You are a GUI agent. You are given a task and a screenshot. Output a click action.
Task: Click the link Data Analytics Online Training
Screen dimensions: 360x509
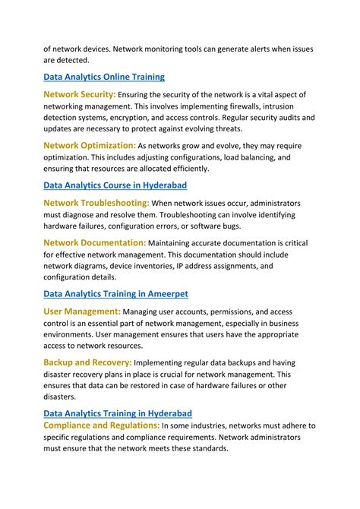pyautogui.click(x=104, y=77)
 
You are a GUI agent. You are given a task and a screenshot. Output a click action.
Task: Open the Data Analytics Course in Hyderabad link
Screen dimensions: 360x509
pyautogui.click(x=115, y=185)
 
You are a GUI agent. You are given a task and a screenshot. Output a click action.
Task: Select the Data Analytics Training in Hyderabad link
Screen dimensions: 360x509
pyautogui.click(x=117, y=413)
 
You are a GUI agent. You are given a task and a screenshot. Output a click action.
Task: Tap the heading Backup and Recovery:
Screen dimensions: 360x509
pyautogui.click(x=87, y=362)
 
